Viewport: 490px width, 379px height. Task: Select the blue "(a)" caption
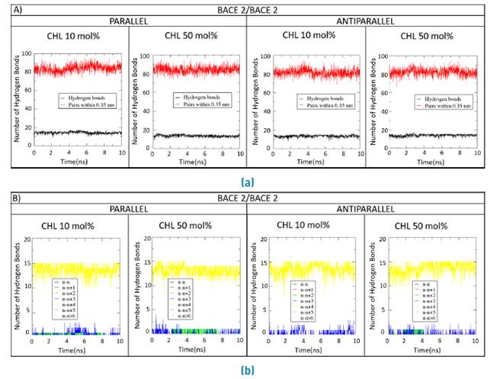click(x=245, y=182)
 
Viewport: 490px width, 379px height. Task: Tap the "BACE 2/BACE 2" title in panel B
click(x=246, y=198)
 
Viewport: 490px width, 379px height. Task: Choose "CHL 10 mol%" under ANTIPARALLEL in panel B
click(x=306, y=225)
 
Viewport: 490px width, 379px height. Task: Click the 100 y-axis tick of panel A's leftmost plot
click(x=27, y=53)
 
